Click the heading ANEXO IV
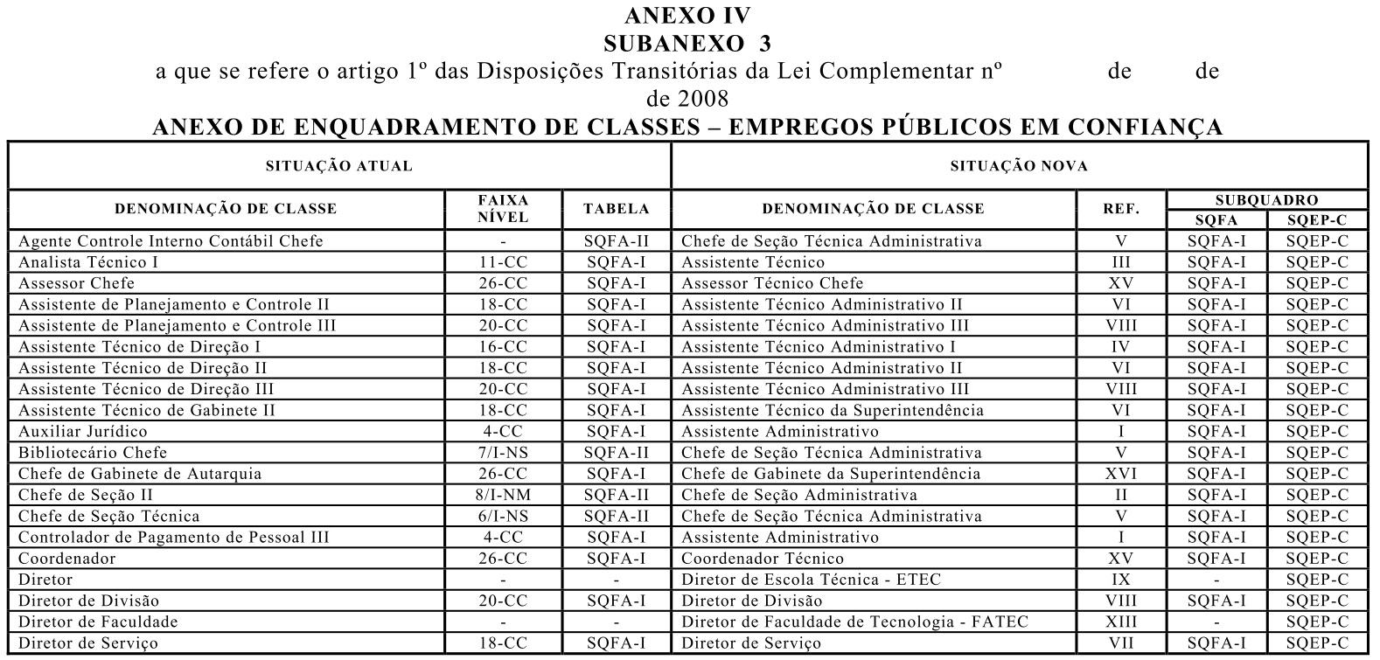pyautogui.click(x=687, y=16)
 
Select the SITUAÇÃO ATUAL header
pyautogui.click(x=338, y=166)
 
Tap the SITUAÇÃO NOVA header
pyautogui.click(x=1019, y=166)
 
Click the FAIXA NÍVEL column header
pyautogui.click(x=504, y=209)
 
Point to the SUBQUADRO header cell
pyautogui.click(x=1266, y=200)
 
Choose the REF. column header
pyautogui.click(x=1121, y=209)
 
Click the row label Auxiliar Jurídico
pyautogui.click(x=83, y=432)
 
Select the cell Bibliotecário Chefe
pyautogui.click(x=93, y=453)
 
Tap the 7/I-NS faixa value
pyautogui.click(x=504, y=453)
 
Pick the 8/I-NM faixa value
pyautogui.click(x=504, y=495)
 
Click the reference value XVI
pyautogui.click(x=1121, y=474)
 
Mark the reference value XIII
pyautogui.click(x=1121, y=622)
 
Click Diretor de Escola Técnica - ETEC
pyautogui.click(x=818, y=580)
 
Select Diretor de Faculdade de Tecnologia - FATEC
pyautogui.click(x=854, y=622)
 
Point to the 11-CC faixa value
pyautogui.click(x=504, y=262)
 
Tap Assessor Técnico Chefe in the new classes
pyautogui.click(x=772, y=283)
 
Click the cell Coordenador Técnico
pyautogui.click(x=763, y=559)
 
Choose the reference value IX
pyautogui.click(x=1121, y=580)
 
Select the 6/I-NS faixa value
pyautogui.click(x=504, y=516)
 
